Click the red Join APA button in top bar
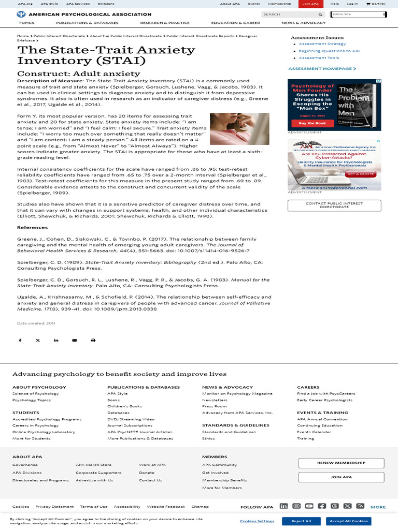(311, 4)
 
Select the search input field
(290, 14)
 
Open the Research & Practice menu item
(165, 23)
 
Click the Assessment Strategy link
(322, 44)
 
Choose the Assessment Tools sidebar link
(319, 58)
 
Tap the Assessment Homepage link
(322, 68)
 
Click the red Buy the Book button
(312, 123)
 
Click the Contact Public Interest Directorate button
(334, 205)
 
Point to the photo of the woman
(239, 129)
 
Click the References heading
(32, 227)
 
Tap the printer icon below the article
(93, 340)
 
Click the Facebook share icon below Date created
(20, 340)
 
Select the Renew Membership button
(341, 463)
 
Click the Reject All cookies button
(301, 521)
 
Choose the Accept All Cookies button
(348, 521)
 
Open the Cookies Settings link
(257, 521)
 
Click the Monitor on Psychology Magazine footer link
(237, 393)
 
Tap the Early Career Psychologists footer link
(324, 400)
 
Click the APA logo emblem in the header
(21, 14)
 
